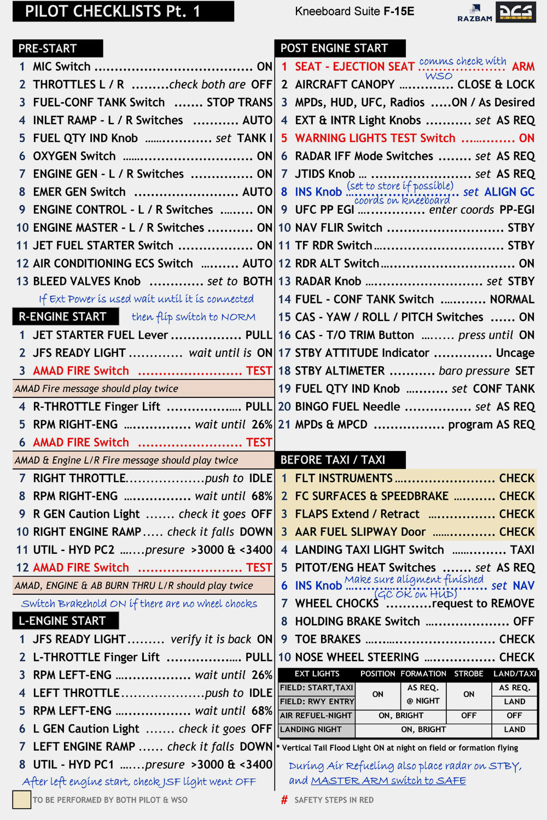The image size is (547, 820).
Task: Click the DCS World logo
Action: click(515, 12)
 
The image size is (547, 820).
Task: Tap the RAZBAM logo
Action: click(475, 14)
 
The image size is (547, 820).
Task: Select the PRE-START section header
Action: click(48, 48)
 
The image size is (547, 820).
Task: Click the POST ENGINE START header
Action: click(334, 48)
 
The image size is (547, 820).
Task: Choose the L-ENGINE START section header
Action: click(62, 620)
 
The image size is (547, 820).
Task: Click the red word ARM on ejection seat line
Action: click(523, 67)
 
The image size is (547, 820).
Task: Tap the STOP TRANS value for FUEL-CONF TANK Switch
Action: click(239, 102)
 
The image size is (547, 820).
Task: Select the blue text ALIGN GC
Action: click(509, 192)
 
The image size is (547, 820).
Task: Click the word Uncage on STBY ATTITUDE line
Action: click(515, 353)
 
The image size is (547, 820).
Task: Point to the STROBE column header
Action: click(469, 673)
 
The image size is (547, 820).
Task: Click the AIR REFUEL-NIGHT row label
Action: click(316, 715)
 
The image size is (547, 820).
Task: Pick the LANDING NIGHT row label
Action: click(311, 729)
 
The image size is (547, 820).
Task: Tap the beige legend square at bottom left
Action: click(21, 800)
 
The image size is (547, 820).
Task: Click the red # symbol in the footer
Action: click(284, 800)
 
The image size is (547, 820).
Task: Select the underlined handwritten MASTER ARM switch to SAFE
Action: click(388, 781)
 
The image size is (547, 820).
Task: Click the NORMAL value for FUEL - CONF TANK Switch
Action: click(512, 300)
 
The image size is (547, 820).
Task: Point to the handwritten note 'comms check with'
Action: click(463, 61)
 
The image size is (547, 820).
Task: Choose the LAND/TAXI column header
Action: click(515, 673)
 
